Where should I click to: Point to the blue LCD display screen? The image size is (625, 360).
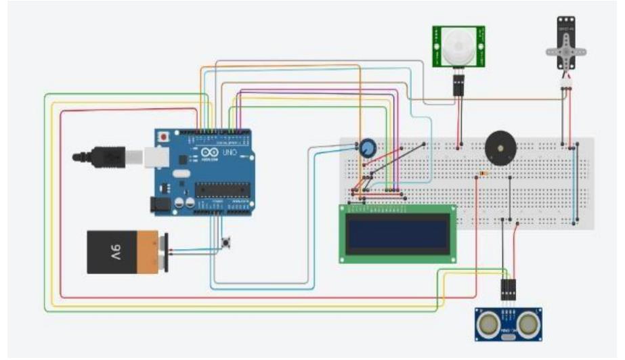point(397,233)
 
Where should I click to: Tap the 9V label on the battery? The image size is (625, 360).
point(116,252)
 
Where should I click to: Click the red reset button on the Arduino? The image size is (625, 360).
point(163,137)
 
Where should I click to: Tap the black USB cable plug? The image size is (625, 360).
point(102,157)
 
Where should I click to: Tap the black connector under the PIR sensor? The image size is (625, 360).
point(458,84)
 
